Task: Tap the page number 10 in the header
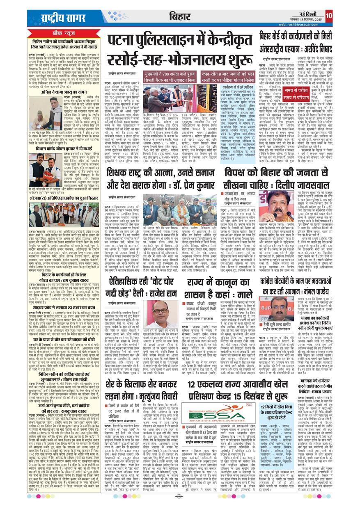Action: tap(328, 15)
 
